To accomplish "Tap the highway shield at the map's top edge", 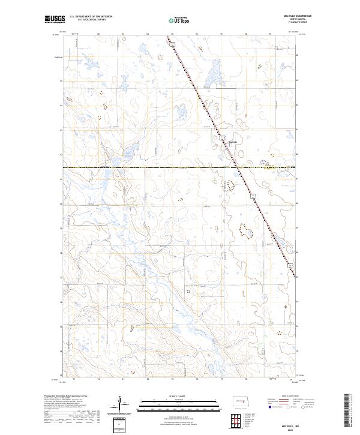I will coord(170,43).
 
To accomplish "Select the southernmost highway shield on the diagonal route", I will coord(289,264).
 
